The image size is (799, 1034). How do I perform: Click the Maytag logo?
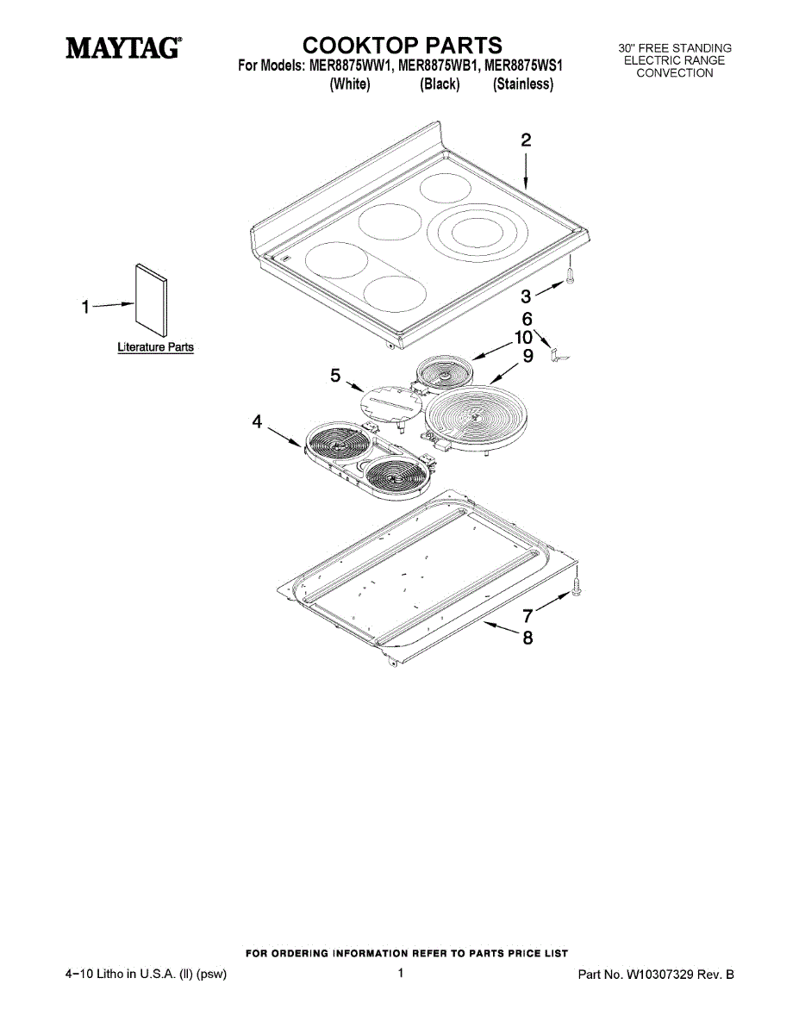[124, 48]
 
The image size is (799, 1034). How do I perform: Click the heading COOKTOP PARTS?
[402, 45]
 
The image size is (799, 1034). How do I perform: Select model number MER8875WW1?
[346, 65]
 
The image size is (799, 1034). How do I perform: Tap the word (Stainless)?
[522, 84]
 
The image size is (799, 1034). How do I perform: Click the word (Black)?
[440, 84]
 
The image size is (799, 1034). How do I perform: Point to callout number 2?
[525, 141]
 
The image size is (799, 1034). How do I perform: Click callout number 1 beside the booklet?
[85, 307]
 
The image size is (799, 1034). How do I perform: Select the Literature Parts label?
[155, 348]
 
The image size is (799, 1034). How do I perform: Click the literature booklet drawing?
[151, 302]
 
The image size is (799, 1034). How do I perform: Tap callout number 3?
[526, 297]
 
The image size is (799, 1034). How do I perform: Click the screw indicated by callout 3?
[571, 275]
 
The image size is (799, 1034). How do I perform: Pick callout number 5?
[336, 375]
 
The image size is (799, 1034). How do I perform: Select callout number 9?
[527, 355]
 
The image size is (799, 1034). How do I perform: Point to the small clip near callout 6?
[561, 354]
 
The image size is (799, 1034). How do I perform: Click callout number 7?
[527, 616]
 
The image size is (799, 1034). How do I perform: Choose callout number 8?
[527, 638]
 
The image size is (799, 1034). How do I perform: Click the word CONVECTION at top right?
[675, 73]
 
